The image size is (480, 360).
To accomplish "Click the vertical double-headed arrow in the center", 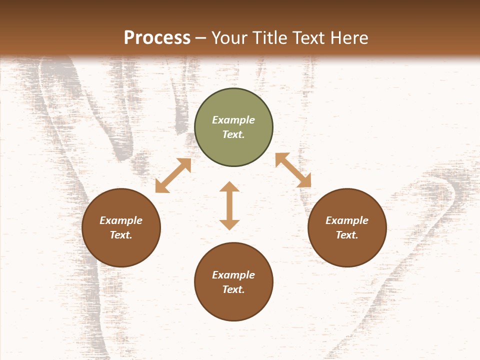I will click(x=229, y=205).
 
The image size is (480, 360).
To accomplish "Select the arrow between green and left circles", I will click(x=173, y=175).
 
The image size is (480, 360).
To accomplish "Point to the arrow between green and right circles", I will click(x=293, y=170).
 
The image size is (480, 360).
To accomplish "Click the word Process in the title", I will click(x=157, y=38).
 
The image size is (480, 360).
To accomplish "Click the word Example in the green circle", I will click(x=233, y=120).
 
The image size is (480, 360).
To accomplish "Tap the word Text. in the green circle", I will click(x=233, y=134).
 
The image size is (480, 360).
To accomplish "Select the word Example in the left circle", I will click(x=121, y=220).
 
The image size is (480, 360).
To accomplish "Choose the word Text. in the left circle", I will click(x=121, y=235).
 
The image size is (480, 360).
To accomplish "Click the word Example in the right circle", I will click(x=347, y=220).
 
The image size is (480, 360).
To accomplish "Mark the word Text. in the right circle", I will click(x=347, y=235).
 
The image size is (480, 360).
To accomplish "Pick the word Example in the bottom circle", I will click(x=233, y=275).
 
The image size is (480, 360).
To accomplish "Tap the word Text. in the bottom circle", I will click(x=233, y=289).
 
